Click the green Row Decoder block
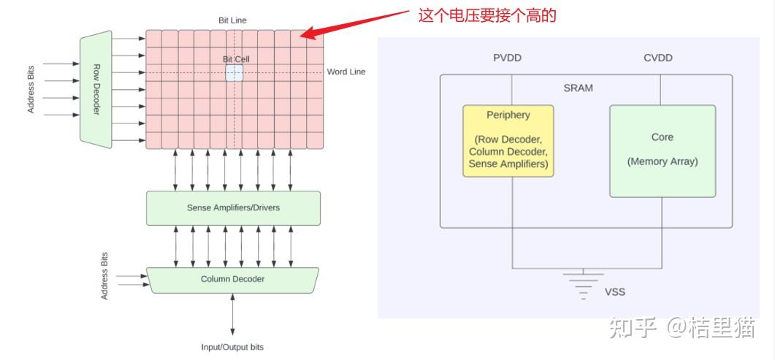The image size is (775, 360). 96,88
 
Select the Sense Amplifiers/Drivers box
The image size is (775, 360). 233,208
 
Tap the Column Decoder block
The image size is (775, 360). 233,279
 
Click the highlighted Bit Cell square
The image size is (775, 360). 234,72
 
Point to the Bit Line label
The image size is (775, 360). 232,20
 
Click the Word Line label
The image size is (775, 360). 345,72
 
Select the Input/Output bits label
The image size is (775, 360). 232,347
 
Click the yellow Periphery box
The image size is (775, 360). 508,141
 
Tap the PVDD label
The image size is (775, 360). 508,58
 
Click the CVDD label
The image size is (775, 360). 658,58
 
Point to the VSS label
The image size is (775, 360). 615,292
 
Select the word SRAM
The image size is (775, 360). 578,88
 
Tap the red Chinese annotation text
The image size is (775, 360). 487,15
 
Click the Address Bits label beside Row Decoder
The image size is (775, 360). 31,89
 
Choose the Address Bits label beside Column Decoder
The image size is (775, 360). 104,276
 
